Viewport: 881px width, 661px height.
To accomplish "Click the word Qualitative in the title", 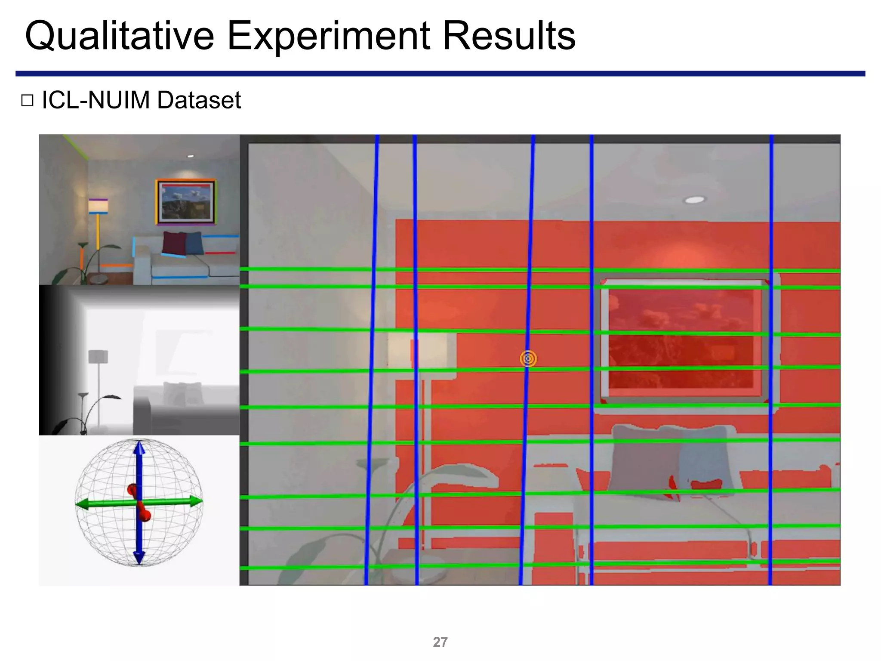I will (120, 36).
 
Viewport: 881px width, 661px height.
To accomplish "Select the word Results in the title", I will (509, 36).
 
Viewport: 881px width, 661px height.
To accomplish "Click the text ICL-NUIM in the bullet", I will (95, 100).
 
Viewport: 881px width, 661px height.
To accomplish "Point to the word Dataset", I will (199, 100).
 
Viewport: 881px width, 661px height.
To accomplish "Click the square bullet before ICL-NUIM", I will (27, 101).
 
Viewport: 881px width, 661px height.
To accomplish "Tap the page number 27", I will (440, 642).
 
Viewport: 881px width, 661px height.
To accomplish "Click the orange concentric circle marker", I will (528, 358).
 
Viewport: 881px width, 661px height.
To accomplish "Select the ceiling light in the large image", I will (695, 200).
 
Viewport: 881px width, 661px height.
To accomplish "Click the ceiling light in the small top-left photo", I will (191, 156).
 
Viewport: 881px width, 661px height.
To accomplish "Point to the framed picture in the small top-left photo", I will (185, 202).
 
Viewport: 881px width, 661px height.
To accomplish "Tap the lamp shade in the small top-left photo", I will (98, 206).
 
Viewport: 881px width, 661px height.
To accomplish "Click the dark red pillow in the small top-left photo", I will (174, 243).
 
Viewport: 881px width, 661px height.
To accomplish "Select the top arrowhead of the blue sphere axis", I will (139, 448).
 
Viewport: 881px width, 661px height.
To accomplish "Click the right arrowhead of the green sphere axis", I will (196, 501).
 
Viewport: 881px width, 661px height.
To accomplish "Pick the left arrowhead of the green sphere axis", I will (82, 504).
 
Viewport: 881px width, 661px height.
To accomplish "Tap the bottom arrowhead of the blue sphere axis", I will (139, 557).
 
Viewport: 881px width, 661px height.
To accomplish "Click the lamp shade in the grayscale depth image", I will (98, 356).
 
